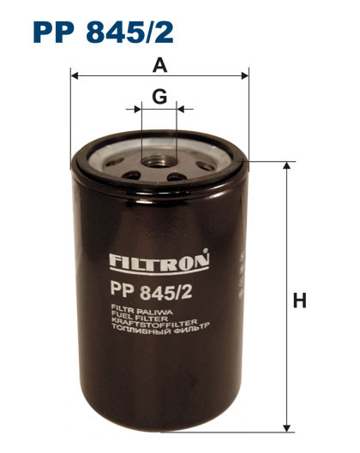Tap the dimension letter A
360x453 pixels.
159,64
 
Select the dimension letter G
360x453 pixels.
159,97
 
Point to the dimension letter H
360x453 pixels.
299,301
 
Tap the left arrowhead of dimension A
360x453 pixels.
74,75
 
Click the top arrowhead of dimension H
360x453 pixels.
286,164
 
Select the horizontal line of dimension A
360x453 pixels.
197,75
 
